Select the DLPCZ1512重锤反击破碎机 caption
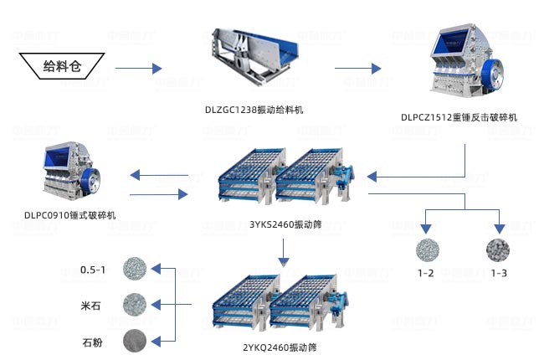459,117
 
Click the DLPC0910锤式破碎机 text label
70,215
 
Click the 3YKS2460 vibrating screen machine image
285,179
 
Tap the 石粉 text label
92,341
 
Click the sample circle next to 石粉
134,340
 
